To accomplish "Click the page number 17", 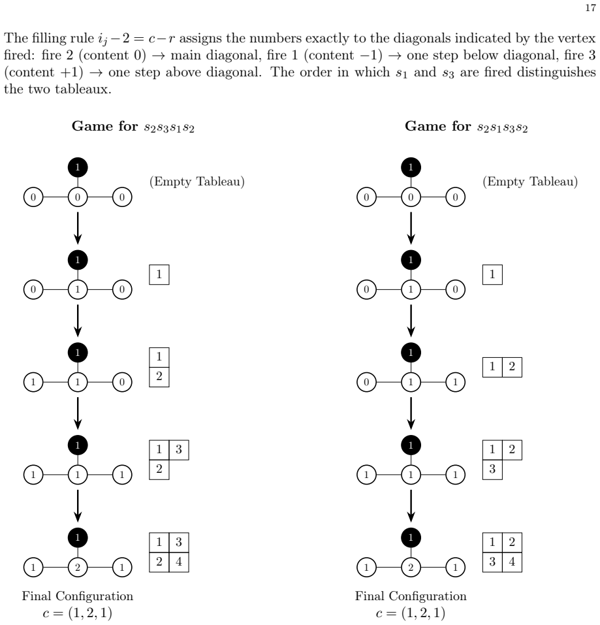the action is coord(590,8).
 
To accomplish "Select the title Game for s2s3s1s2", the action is coord(133,126).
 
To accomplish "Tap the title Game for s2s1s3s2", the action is coord(466,126).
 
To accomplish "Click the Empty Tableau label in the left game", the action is coord(197,182).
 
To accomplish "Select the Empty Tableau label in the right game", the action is coord(530,182).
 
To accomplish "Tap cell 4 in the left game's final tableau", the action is coord(179,562).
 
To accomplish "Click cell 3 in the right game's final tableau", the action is coord(492,562).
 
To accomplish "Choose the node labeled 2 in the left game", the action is coord(78,568).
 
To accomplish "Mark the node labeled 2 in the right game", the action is coord(411,568).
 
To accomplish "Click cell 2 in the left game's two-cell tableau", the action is coord(159,377).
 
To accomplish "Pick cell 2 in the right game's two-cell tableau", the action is coord(512,367).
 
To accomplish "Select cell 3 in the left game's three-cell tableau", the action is coord(179,450).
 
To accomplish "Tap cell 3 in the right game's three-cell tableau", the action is coord(492,470).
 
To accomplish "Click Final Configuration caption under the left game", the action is coord(77,596).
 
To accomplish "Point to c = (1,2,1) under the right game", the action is coord(411,613).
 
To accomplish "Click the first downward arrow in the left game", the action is coord(78,228).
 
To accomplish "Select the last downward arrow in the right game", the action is coord(411,506).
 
